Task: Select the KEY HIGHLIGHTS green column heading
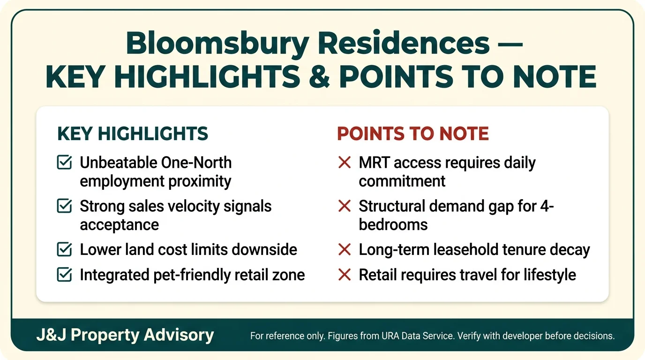click(133, 134)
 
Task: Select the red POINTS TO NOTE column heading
click(413, 134)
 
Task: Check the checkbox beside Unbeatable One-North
click(64, 163)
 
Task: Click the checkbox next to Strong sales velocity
click(64, 206)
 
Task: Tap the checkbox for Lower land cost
click(64, 250)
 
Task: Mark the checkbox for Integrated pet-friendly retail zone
click(64, 275)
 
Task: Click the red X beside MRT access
click(345, 163)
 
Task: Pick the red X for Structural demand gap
click(345, 206)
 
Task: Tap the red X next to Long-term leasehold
click(345, 250)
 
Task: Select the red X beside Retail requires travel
click(345, 275)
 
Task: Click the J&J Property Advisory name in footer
click(125, 335)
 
